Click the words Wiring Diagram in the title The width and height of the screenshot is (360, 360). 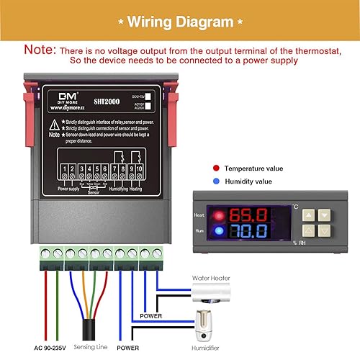[x=180, y=22]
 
